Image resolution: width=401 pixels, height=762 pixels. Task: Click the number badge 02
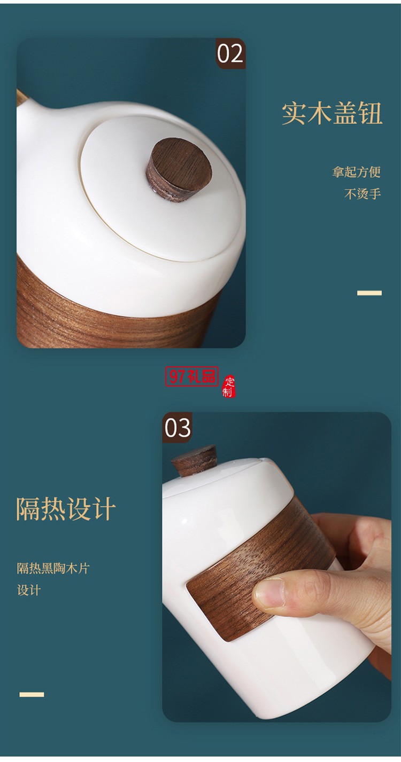point(230,53)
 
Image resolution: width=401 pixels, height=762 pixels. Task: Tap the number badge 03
point(177,428)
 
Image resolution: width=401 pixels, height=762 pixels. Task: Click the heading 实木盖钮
point(332,113)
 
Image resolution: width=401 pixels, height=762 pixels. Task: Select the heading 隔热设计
point(66,508)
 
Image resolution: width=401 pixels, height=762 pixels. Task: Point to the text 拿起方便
point(356,172)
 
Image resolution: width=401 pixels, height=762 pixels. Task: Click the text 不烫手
point(363,194)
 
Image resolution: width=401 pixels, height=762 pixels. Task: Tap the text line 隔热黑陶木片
point(53,568)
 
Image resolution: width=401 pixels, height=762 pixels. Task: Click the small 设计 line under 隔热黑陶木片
point(29,590)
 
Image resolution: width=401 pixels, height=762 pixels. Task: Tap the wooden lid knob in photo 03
point(193,462)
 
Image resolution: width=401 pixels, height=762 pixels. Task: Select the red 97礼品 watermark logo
point(192,377)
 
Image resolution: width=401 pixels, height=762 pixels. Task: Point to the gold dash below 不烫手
point(369,293)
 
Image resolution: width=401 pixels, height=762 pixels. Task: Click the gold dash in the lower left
point(32,694)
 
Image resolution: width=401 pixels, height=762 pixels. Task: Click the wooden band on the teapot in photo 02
point(107,315)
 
